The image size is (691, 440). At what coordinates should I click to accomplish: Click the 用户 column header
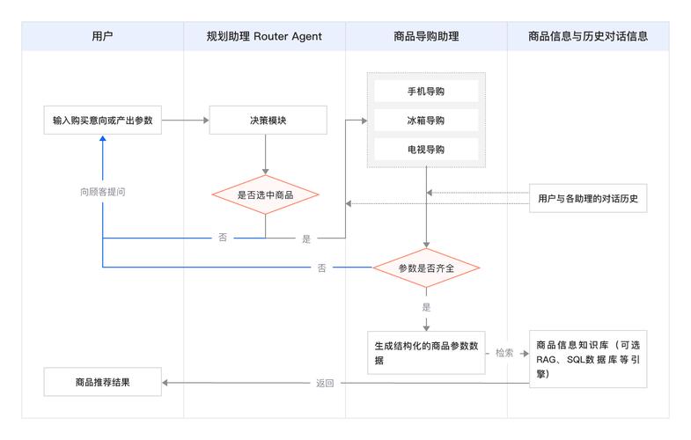click(103, 36)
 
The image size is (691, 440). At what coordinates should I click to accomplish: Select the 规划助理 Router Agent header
click(264, 36)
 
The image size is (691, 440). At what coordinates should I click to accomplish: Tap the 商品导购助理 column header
click(426, 36)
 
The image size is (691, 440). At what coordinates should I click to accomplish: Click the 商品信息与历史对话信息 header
click(588, 36)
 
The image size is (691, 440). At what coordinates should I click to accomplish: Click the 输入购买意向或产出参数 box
click(103, 120)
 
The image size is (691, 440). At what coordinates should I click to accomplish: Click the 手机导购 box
click(426, 92)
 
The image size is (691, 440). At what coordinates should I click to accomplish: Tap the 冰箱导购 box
click(426, 120)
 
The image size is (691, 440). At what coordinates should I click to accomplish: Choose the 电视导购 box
click(426, 149)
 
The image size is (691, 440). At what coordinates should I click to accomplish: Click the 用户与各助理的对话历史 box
click(588, 199)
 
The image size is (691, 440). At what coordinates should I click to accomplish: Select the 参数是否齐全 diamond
click(426, 268)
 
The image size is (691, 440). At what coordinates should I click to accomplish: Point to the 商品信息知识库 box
click(588, 358)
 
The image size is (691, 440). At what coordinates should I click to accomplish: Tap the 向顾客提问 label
click(102, 191)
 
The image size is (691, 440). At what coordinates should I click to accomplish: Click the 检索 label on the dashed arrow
click(504, 353)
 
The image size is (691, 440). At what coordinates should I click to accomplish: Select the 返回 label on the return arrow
click(325, 383)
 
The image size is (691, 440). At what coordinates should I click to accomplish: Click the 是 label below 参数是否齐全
click(426, 307)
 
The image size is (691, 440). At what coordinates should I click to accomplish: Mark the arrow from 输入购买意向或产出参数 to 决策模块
click(185, 120)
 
